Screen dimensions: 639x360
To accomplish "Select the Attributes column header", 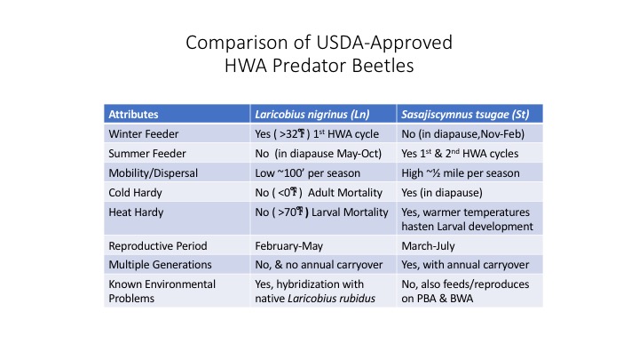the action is (x=133, y=115).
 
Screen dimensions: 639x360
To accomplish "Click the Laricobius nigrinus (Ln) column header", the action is (x=312, y=115).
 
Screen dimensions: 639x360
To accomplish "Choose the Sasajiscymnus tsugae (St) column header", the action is (x=465, y=115).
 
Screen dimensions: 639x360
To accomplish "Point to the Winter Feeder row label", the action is (x=144, y=134).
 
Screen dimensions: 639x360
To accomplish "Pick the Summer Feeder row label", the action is (x=147, y=154).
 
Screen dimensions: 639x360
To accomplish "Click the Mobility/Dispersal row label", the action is (x=154, y=173).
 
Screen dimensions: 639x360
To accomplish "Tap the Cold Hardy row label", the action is (x=135, y=193).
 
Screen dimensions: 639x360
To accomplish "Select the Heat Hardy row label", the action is (x=136, y=212).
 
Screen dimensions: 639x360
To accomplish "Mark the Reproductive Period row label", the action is (x=158, y=245).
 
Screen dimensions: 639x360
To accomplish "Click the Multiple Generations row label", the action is (x=160, y=265).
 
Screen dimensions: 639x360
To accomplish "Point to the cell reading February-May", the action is (x=289, y=246).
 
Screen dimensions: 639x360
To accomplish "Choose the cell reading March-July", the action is (x=428, y=246).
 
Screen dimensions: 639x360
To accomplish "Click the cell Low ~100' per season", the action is (x=308, y=173).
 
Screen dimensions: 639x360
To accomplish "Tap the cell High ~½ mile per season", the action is (x=461, y=173).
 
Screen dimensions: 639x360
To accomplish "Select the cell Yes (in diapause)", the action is (x=442, y=193).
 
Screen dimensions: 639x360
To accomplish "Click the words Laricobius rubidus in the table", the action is (x=331, y=299).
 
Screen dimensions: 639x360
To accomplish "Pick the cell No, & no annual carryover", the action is (x=319, y=265).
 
